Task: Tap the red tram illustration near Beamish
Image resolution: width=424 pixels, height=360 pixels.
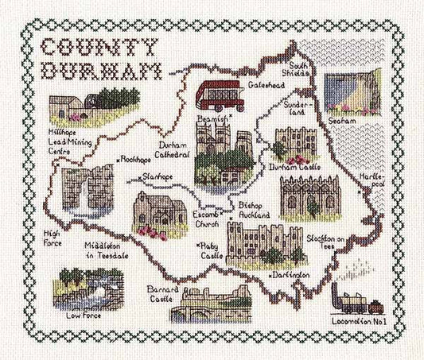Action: [219, 96]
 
